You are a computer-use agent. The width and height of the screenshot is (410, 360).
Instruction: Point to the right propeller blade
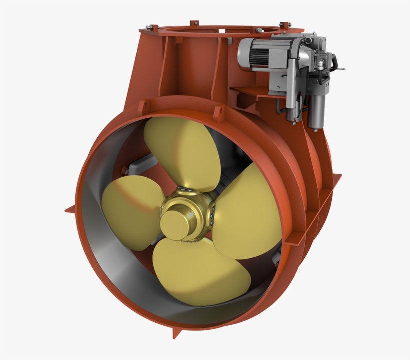[245, 210]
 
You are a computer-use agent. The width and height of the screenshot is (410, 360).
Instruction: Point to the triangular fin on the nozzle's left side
[70, 210]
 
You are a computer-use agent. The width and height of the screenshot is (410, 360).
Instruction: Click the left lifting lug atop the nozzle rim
[142, 107]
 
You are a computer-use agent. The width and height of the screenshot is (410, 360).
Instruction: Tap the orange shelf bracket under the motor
[250, 92]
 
